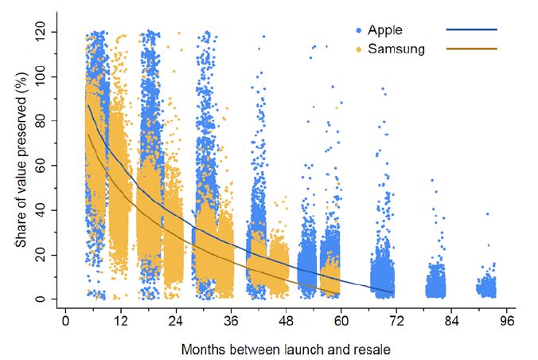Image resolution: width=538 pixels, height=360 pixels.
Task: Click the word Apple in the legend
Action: [x=386, y=30]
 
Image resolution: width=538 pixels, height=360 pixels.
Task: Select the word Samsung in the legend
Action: [x=396, y=49]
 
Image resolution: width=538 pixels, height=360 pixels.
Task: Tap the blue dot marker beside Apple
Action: [x=359, y=30]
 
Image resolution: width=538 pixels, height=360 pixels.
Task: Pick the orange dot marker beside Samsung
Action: [x=359, y=49]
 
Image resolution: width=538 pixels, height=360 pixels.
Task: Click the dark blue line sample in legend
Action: [x=472, y=30]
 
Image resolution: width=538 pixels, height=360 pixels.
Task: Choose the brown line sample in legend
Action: [x=472, y=49]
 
